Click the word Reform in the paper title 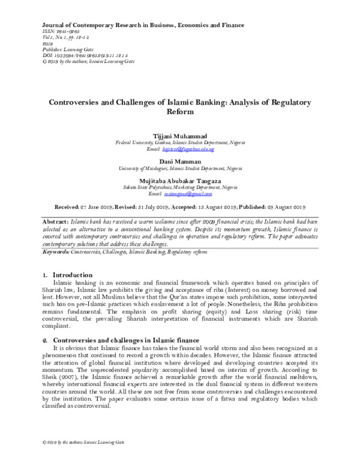[x=179, y=112]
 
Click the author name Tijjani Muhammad [x=180, y=136]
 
